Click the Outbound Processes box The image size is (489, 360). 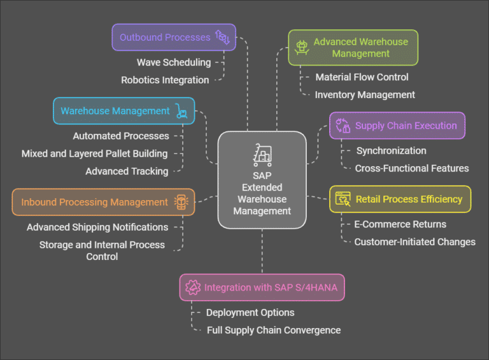[174, 37]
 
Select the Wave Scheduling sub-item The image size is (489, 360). [173, 62]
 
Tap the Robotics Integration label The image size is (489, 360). [165, 80]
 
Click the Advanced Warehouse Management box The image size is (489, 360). [353, 48]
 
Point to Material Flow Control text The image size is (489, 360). [362, 77]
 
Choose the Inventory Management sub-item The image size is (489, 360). [365, 95]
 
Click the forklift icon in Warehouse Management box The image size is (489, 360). [182, 112]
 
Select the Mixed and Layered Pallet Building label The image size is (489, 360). [94, 154]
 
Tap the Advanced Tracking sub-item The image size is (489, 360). [127, 171]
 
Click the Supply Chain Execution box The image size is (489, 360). [397, 126]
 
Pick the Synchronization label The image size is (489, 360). [391, 151]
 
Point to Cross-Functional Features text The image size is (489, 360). [411, 169]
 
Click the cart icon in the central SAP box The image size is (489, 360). [262, 155]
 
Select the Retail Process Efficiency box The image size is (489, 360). [400, 199]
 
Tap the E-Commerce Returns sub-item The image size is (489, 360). [400, 224]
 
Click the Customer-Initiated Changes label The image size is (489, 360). [415, 242]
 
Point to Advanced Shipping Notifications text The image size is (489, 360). [97, 227]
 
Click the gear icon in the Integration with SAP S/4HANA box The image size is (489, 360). [192, 287]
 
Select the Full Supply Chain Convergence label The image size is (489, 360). [274, 331]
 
